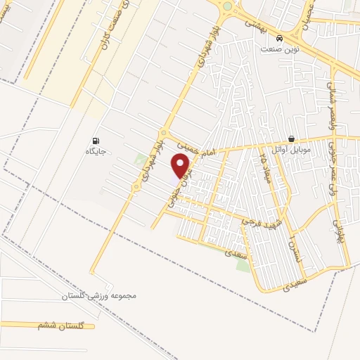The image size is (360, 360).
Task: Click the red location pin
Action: pyautogui.click(x=181, y=166)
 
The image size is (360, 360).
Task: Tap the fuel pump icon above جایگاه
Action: pyautogui.click(x=96, y=141)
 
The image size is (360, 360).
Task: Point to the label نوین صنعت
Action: pyautogui.click(x=280, y=49)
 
